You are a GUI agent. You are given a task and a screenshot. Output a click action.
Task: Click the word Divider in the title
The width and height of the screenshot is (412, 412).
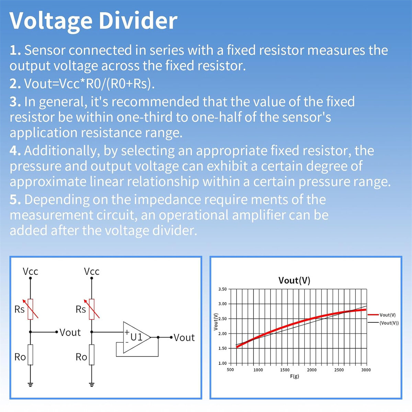click(x=138, y=21)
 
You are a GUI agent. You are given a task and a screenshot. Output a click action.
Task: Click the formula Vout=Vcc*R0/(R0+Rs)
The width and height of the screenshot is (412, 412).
click(x=89, y=83)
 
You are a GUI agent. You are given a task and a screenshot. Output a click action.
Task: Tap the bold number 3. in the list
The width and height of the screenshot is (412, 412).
click(x=15, y=102)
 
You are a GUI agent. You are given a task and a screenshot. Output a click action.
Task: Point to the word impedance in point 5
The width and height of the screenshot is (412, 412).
click(x=168, y=200)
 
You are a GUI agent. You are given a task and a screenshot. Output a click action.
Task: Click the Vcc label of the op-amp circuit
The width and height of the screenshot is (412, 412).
click(x=92, y=272)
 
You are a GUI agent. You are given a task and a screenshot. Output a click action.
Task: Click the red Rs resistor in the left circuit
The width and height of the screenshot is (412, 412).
click(x=30, y=309)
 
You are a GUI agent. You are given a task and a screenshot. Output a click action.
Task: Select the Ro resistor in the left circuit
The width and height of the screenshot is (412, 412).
click(x=30, y=355)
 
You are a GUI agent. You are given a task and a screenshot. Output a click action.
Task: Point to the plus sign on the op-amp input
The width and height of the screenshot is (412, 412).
click(x=127, y=332)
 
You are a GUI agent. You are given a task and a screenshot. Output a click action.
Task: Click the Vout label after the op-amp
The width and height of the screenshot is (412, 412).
click(x=184, y=338)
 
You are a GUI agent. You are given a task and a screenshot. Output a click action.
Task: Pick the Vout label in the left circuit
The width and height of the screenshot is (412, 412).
click(x=70, y=332)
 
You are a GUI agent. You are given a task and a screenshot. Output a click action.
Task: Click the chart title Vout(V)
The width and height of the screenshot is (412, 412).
click(x=294, y=280)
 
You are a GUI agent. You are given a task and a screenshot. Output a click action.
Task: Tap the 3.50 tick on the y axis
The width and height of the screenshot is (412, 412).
click(x=222, y=289)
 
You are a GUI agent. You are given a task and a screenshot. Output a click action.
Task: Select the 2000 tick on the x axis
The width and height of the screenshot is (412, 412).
click(x=312, y=370)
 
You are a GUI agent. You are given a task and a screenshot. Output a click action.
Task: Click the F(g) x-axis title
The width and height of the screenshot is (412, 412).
click(x=294, y=376)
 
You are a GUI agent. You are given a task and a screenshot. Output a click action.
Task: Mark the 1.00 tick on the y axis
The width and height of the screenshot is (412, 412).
click(x=222, y=363)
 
